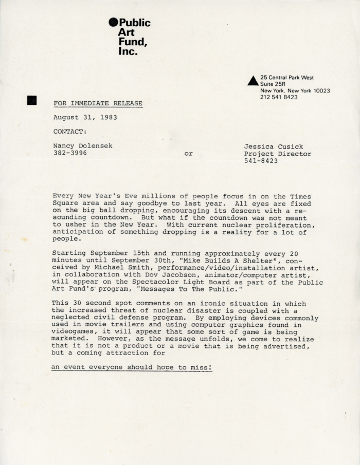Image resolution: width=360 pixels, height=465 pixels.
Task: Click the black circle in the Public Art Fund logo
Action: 114,22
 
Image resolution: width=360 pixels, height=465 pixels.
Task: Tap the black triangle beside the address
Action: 252,81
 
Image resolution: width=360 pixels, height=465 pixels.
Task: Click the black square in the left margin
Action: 32,100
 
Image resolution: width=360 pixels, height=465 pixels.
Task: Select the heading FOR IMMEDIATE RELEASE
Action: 98,103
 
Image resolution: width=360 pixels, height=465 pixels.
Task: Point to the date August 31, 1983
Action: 85,117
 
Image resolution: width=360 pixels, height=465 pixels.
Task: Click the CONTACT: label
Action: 70,132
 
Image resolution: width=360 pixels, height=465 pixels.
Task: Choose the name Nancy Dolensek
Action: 83,146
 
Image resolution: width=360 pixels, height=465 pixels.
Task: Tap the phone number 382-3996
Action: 70,153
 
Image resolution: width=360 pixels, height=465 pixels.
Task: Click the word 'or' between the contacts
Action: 188,153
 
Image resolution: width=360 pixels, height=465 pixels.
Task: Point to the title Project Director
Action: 277,154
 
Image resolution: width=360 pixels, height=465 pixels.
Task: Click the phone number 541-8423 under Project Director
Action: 261,161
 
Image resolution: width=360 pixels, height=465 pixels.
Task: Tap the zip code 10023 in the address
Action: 321,90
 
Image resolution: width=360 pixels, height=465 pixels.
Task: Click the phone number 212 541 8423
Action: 279,97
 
